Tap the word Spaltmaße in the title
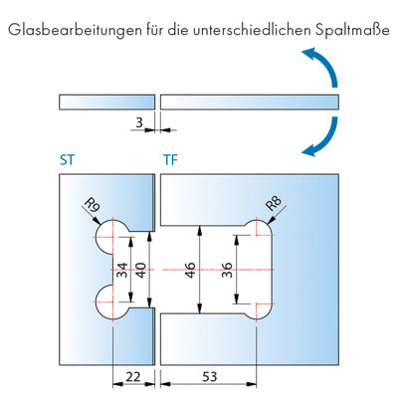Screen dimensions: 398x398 tap(352, 31)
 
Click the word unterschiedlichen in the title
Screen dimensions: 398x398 tap(252, 30)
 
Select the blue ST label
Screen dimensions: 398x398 tap(68, 160)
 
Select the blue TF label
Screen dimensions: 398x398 tap(170, 160)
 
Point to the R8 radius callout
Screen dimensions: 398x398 tap(274, 204)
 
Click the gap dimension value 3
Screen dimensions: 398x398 tap(139, 122)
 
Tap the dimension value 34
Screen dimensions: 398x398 tap(122, 271)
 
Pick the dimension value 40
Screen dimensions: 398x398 tap(140, 271)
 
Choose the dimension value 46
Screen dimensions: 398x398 tap(190, 271)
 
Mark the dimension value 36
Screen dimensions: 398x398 tap(227, 271)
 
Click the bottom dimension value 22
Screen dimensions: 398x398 tap(133, 377)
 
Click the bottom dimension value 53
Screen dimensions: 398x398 tap(210, 377)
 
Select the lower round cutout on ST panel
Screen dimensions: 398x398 tap(101, 302)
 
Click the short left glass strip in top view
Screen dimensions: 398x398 tap(107, 102)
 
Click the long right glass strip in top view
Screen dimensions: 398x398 tap(250, 102)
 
